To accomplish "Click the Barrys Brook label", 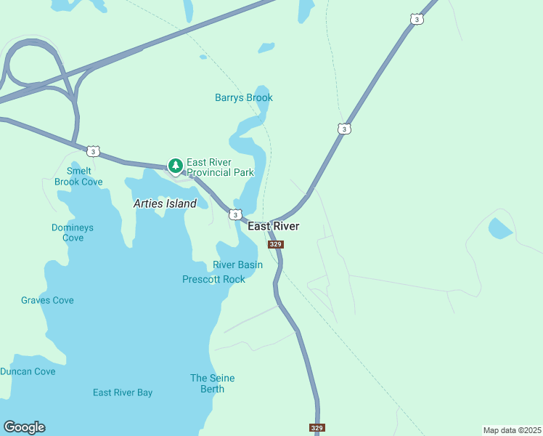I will pyautogui.click(x=244, y=98).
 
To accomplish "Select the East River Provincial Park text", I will pyautogui.click(x=220, y=167).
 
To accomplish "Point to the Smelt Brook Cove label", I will pyautogui.click(x=78, y=177).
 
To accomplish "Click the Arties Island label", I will pyautogui.click(x=165, y=204).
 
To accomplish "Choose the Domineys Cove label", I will pyautogui.click(x=73, y=233).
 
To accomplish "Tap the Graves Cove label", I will pyautogui.click(x=47, y=300).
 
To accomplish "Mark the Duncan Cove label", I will pyautogui.click(x=28, y=371).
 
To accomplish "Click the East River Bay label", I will pyautogui.click(x=123, y=392).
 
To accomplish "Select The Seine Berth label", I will pyautogui.click(x=213, y=383).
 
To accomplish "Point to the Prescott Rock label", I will pyautogui.click(x=213, y=279).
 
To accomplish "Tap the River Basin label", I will pyautogui.click(x=237, y=265).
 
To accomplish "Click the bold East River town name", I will pyautogui.click(x=274, y=227).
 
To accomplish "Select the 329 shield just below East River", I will pyautogui.click(x=275, y=245).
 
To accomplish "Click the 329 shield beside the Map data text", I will pyautogui.click(x=317, y=428).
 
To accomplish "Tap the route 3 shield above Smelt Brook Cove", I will pyautogui.click(x=92, y=151).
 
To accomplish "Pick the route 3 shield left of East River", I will pyautogui.click(x=234, y=214).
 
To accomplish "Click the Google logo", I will pyautogui.click(x=24, y=427).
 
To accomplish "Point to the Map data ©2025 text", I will pyautogui.click(x=512, y=430).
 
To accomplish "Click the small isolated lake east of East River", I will pyautogui.click(x=499, y=229).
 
